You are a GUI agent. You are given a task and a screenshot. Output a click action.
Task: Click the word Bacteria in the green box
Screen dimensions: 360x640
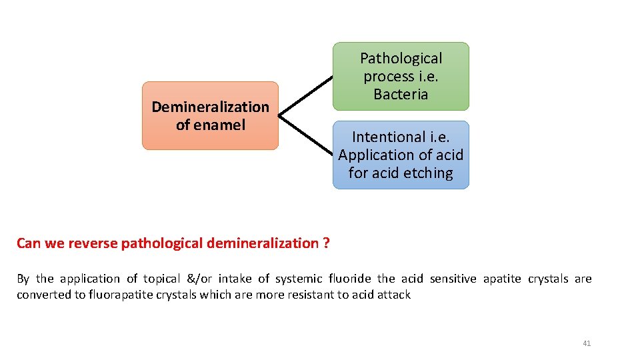[x=401, y=95]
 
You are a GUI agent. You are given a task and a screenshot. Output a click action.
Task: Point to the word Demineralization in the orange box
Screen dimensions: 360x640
[x=210, y=107]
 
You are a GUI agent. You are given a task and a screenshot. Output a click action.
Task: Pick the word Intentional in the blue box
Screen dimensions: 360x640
[x=383, y=137]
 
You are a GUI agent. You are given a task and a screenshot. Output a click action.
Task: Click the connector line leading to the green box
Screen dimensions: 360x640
[x=305, y=96]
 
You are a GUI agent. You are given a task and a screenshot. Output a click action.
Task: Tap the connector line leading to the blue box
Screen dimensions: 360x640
[x=305, y=137]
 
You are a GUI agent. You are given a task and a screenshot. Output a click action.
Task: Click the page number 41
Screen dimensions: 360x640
[x=587, y=343]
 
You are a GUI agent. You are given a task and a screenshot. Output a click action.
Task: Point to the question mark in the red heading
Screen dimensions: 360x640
[x=326, y=243]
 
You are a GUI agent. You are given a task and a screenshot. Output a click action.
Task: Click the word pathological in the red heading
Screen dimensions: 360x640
[x=162, y=243]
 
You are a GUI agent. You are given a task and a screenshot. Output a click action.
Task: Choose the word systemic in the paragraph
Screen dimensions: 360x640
[x=298, y=279]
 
